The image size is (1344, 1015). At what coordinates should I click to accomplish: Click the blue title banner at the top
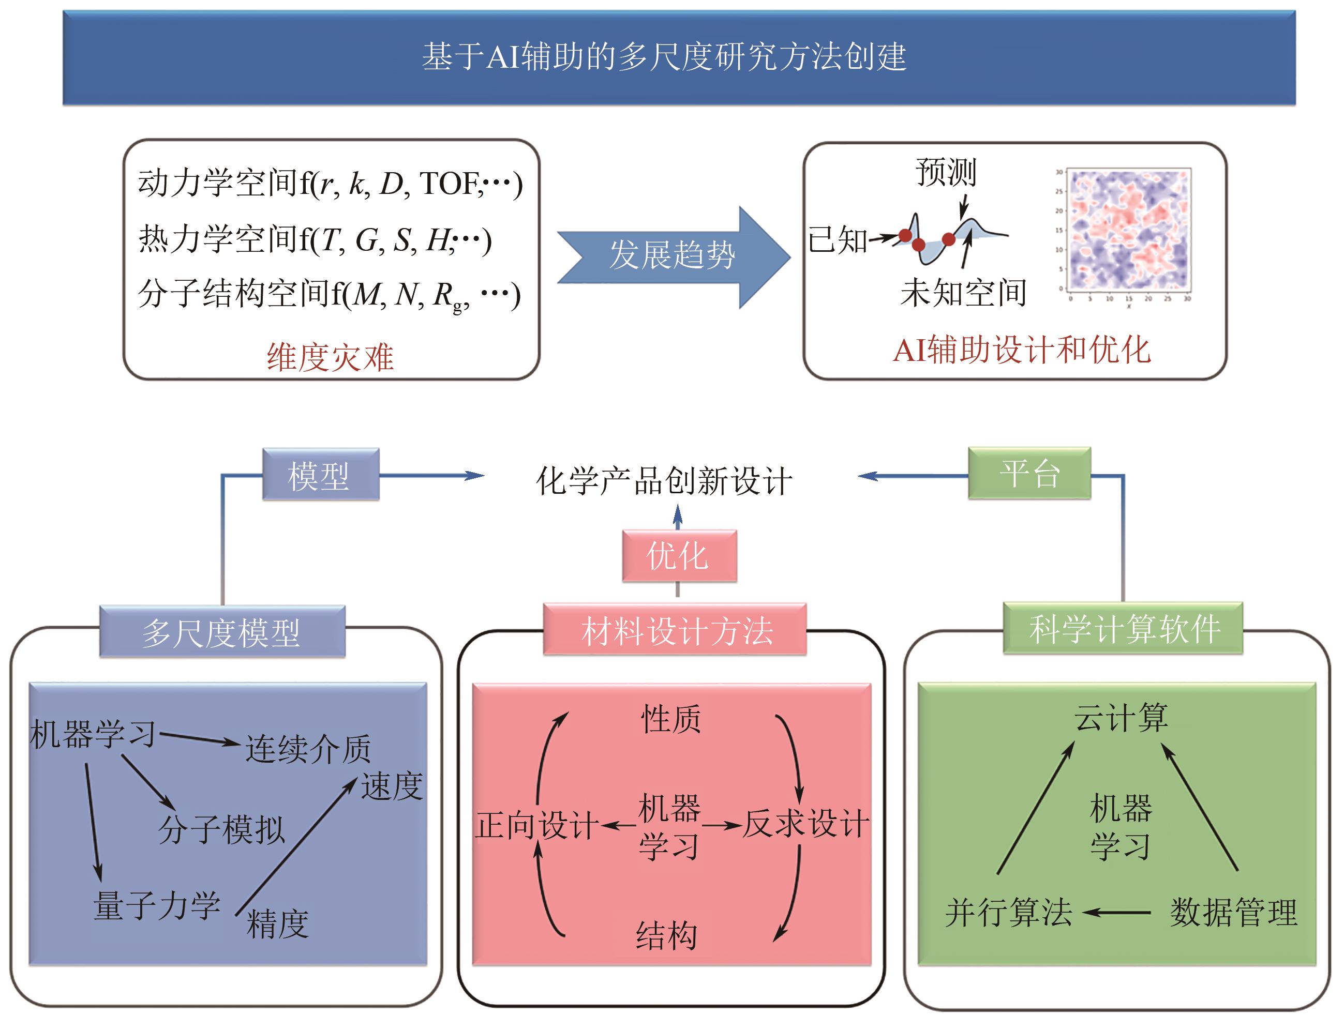tap(679, 57)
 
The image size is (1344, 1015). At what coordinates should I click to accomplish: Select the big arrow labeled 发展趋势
tap(673, 256)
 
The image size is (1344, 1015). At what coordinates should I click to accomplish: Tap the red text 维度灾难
tap(330, 357)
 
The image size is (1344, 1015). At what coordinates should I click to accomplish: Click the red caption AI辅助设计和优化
tap(1021, 351)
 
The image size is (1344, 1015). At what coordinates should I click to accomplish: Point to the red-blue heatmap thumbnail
tap(1128, 230)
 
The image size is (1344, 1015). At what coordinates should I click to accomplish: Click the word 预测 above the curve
tap(946, 173)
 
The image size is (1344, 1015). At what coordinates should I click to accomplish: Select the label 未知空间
tap(963, 293)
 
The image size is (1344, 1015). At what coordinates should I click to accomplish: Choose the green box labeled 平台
tap(1029, 474)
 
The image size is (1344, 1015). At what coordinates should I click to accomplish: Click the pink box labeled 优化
tap(679, 556)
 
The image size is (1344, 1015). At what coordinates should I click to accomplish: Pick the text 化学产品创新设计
tap(664, 481)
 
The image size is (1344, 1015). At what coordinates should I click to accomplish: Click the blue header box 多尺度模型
tap(222, 632)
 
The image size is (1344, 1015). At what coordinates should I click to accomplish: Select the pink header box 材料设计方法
tap(675, 630)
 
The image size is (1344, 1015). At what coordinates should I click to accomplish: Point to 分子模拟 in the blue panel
tap(221, 829)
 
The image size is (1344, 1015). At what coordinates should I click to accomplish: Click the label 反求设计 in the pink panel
tap(805, 824)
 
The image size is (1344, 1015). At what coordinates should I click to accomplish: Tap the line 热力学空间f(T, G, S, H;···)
tap(315, 239)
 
